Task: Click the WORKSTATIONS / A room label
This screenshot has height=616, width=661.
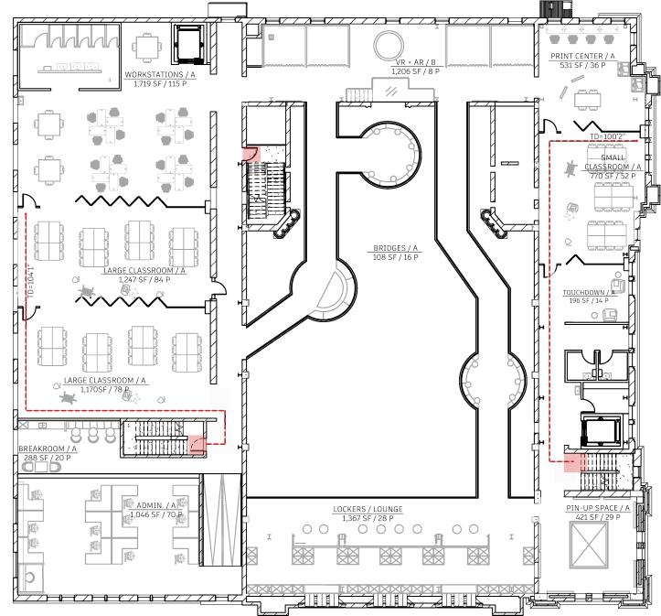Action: (160, 73)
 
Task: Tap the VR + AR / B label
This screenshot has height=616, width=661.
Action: (416, 62)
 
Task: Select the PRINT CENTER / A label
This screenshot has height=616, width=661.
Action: (581, 56)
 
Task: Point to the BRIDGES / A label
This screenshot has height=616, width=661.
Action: (395, 248)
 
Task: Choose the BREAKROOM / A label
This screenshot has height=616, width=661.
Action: (48, 448)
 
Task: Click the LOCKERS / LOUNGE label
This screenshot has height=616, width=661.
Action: (368, 509)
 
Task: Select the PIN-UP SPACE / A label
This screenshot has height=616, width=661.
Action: (598, 507)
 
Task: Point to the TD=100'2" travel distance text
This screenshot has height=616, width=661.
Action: (607, 137)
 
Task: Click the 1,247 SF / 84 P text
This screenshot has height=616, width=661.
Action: (144, 279)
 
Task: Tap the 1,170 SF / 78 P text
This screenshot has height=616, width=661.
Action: (105, 389)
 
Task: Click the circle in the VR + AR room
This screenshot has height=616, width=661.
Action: (388, 43)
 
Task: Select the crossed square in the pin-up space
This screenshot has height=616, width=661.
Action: (587, 546)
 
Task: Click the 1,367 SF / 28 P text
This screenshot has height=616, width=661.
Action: (368, 518)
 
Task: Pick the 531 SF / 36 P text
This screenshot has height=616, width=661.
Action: (581, 65)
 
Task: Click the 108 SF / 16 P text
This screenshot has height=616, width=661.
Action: (395, 257)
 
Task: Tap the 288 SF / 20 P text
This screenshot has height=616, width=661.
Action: (48, 458)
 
